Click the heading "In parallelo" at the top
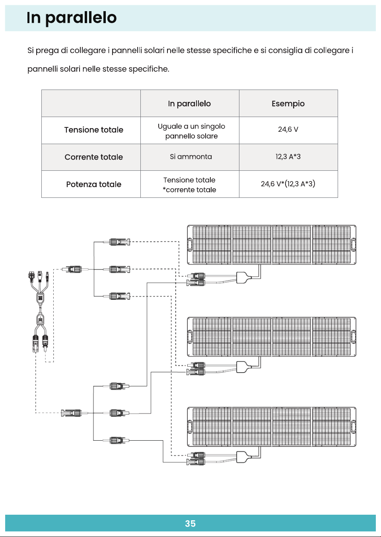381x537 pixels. click(72, 18)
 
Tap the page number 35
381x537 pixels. click(190, 524)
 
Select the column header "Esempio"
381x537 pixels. click(288, 103)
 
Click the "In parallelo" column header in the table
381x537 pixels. click(189, 103)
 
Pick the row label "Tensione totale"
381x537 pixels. click(93, 130)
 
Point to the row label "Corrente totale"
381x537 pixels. click(93, 157)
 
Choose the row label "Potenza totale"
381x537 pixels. click(93, 184)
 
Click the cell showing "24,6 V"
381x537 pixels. click(288, 129)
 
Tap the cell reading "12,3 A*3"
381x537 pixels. click(288, 156)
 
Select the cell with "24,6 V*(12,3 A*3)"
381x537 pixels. click(288, 184)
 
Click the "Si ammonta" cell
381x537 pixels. click(191, 156)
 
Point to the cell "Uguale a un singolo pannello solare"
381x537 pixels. click(191, 131)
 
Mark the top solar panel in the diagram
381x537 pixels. click(272, 245)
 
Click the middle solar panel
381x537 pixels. click(272, 337)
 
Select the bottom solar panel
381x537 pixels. click(272, 427)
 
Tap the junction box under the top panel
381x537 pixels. click(243, 277)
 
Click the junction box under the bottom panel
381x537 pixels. click(243, 457)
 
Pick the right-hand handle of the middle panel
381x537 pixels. click(353, 337)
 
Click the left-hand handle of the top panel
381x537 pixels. click(190, 244)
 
